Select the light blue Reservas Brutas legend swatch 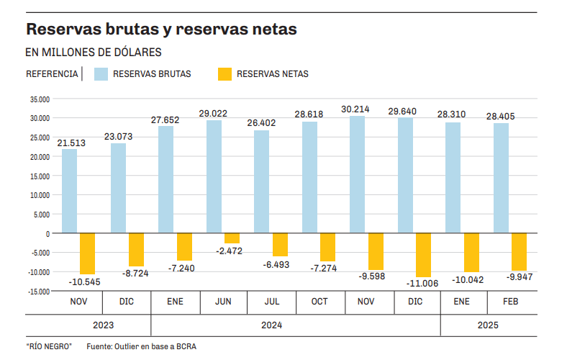click(100, 73)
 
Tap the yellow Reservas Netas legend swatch click(224, 73)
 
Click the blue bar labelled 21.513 click(70, 191)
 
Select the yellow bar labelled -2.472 click(232, 238)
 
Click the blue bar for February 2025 click(502, 178)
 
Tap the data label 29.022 click(213, 113)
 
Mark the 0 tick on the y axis click(47, 233)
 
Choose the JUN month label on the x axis click(223, 302)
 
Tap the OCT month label click(319, 302)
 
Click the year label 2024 click(271, 325)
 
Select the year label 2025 click(488, 325)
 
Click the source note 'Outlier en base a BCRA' click(141, 346)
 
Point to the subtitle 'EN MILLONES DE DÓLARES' click(94, 52)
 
